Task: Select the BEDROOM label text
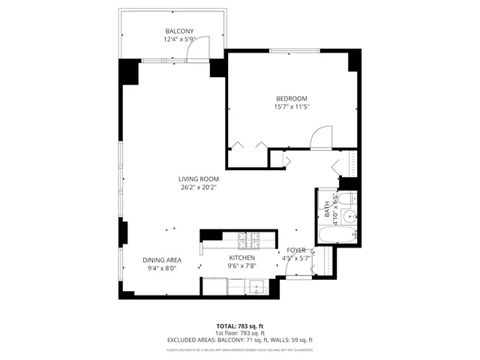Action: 291,99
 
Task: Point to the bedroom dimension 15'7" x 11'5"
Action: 291,107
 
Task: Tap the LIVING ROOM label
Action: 199,178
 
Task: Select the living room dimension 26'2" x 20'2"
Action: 199,187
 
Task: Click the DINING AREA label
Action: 161,259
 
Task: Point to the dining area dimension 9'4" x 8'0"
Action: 161,268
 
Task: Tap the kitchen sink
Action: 256,286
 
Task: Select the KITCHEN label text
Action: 242,256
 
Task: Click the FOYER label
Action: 297,250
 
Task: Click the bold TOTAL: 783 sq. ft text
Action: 239,327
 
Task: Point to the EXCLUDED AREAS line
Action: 239,340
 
